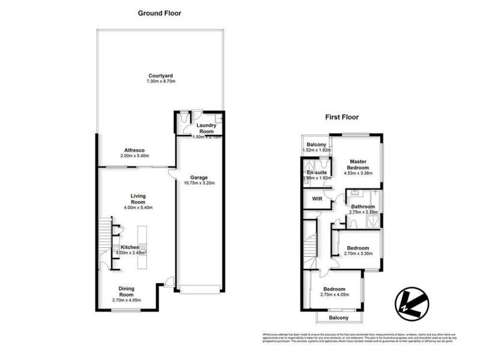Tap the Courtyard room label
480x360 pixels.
[160, 76]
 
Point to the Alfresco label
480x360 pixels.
[135, 150]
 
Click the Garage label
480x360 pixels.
[199, 178]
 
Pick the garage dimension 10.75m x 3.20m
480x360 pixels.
[199, 184]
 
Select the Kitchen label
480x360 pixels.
[130, 247]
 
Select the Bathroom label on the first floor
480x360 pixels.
[363, 206]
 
